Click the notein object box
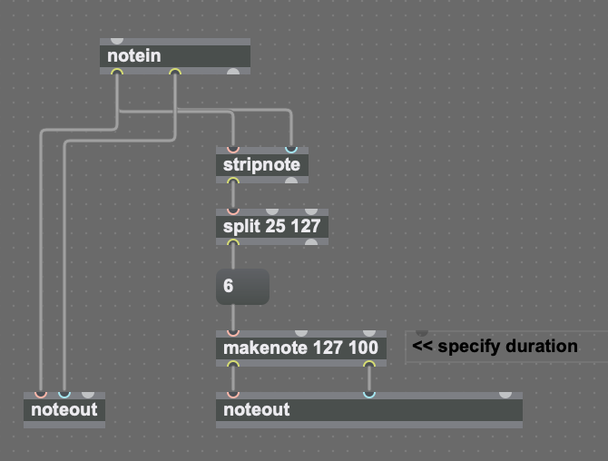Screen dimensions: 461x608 click(173, 56)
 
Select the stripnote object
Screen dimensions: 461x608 click(261, 165)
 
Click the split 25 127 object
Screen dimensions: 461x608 click(271, 227)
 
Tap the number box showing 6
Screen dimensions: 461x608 click(242, 287)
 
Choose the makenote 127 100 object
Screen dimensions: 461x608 click(300, 348)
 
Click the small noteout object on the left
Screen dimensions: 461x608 click(64, 410)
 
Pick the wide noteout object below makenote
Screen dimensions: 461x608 click(368, 410)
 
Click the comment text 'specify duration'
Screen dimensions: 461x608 click(495, 347)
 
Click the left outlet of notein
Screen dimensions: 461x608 click(117, 73)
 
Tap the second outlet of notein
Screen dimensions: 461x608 click(175, 73)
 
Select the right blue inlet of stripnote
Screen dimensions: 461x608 click(290, 150)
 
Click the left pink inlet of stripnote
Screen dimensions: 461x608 click(232, 150)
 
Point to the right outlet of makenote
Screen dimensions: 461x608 click(368, 364)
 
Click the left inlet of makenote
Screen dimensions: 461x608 click(232, 333)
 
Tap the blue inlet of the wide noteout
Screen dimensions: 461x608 click(368, 395)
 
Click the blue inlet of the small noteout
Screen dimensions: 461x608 click(64, 395)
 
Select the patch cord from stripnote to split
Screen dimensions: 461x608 click(232, 195)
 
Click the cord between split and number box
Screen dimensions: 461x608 click(232, 257)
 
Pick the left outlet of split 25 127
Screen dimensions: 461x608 click(232, 242)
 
